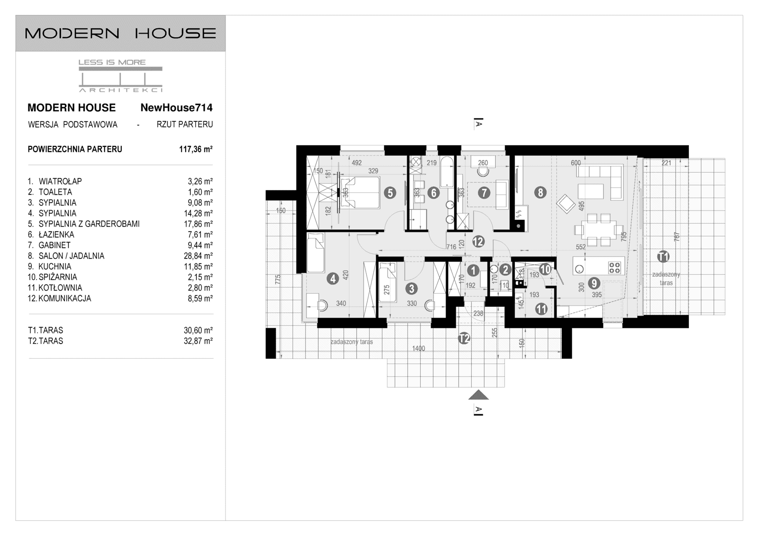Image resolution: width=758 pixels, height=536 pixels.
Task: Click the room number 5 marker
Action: (x=390, y=192)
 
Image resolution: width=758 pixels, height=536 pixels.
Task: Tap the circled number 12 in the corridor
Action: (x=478, y=242)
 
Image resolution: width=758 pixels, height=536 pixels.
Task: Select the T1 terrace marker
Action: (x=663, y=257)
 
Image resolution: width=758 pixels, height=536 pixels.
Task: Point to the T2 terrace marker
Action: (x=464, y=338)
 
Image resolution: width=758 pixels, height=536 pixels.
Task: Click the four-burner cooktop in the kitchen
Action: (x=614, y=268)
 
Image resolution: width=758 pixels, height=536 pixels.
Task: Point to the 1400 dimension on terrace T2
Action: (x=418, y=349)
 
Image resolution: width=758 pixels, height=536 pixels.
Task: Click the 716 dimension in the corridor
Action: (x=451, y=246)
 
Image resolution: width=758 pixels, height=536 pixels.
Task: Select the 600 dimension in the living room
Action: (x=576, y=163)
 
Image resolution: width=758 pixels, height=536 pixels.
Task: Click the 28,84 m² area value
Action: (x=198, y=256)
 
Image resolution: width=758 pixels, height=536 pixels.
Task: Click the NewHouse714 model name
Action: (x=176, y=108)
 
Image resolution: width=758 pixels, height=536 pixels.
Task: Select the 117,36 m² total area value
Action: (x=196, y=149)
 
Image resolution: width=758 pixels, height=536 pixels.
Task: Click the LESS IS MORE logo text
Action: (x=112, y=62)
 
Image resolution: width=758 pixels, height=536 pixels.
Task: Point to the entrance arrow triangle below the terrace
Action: (x=478, y=395)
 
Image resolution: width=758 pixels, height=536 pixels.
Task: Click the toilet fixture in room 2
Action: (x=494, y=270)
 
